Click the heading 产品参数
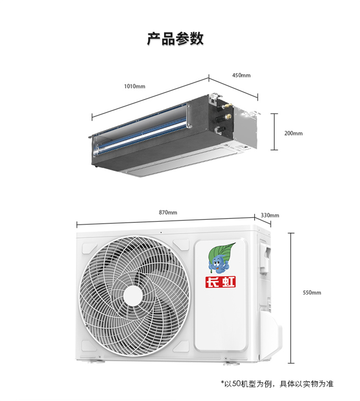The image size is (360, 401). point(175,39)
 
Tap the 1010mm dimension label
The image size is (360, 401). point(134,86)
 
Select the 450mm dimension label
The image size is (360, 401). point(241,75)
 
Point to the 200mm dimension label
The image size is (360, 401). point(294,133)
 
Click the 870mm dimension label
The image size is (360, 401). point(168,212)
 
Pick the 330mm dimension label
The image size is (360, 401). point(270,215)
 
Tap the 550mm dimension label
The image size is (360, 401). point(312,292)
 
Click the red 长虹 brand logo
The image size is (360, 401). point(220,282)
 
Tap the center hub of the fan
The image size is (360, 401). point(133,294)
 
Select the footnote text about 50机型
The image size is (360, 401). point(277,384)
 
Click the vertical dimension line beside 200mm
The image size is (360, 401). point(274,131)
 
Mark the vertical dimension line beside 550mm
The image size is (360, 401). point(291,297)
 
